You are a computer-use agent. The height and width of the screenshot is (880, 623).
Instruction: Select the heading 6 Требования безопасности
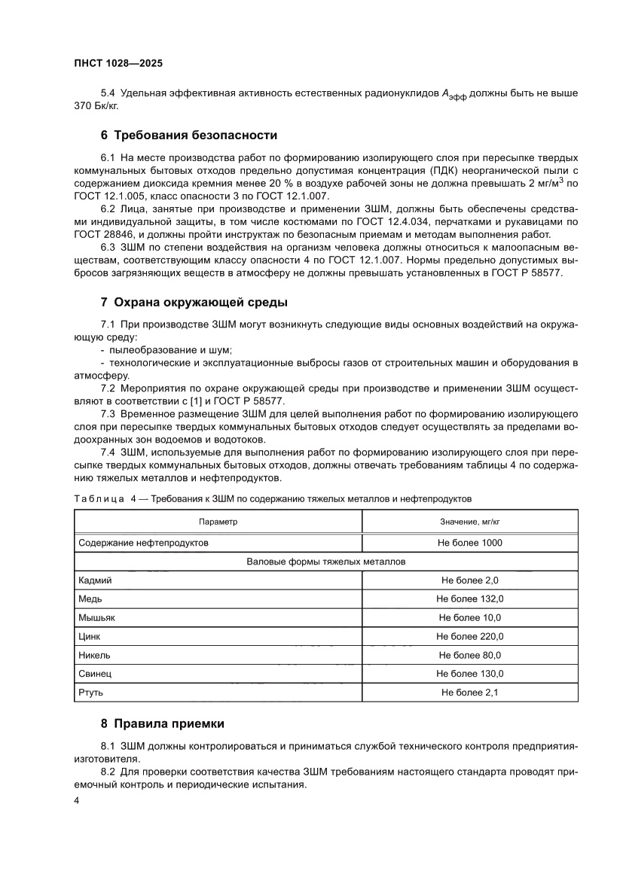[x=189, y=136]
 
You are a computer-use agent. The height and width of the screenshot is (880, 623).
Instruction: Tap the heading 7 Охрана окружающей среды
[x=194, y=303]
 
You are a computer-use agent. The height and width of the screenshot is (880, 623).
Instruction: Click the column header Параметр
[x=218, y=522]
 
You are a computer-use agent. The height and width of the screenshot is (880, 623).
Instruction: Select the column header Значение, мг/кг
[x=470, y=522]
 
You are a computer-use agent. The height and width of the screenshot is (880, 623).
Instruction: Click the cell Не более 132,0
[x=470, y=599]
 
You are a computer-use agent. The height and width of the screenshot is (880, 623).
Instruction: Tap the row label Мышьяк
[x=96, y=618]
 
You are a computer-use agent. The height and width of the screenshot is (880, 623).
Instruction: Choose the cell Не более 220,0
[x=470, y=637]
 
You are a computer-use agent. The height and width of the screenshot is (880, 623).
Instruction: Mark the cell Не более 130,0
[x=470, y=674]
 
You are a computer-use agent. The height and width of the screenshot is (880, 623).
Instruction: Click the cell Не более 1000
[x=470, y=543]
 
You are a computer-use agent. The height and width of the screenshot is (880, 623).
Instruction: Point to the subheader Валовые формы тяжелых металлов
[x=326, y=562]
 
